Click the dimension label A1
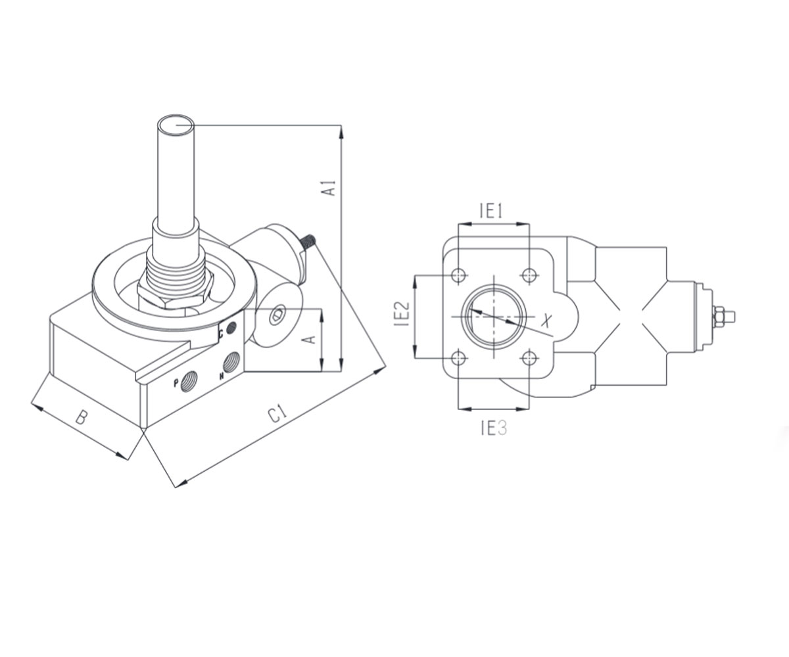(330, 189)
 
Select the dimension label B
(82, 418)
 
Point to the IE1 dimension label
(491, 211)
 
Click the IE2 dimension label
(402, 313)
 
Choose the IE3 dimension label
(494, 428)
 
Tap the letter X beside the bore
(546, 321)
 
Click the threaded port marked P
(189, 382)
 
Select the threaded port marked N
(231, 363)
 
